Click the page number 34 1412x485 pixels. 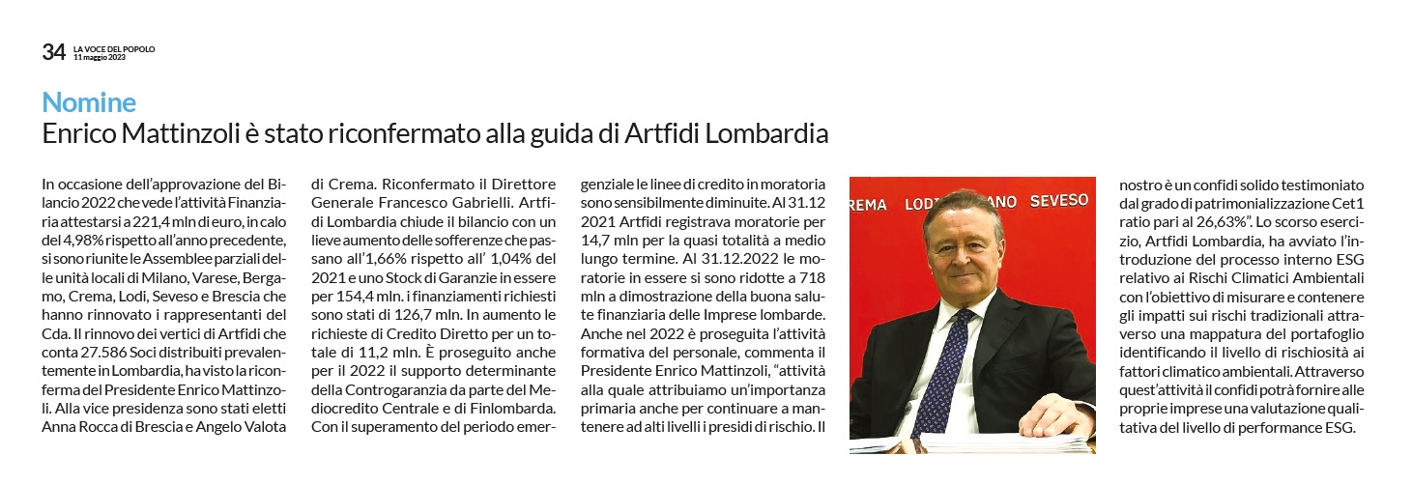pyautogui.click(x=53, y=52)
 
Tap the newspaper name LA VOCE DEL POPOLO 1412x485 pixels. pyautogui.click(x=114, y=48)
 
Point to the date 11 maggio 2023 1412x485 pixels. pyautogui.click(x=101, y=57)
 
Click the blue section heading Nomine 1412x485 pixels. pyautogui.click(x=89, y=102)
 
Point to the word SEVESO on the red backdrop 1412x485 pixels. pyautogui.click(x=1057, y=201)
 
